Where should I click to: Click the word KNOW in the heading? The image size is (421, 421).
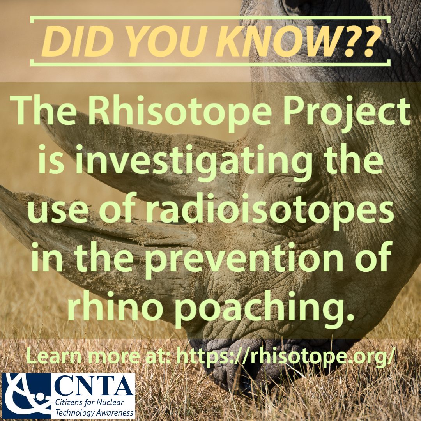click(278, 41)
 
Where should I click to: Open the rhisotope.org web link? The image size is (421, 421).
click(286, 357)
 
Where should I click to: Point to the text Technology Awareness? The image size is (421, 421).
click(94, 413)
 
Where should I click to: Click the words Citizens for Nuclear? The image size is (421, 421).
click(89, 402)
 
